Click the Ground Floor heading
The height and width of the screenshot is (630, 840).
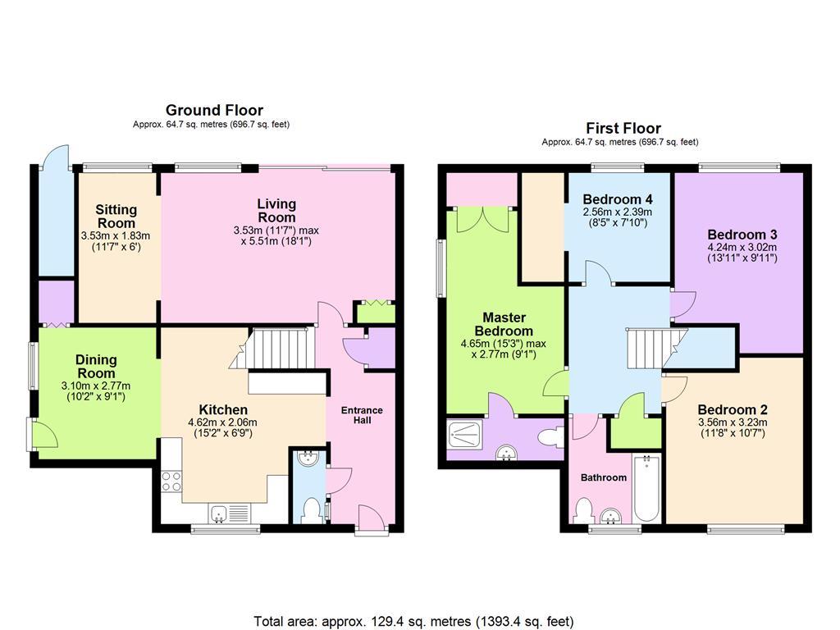coord(214,111)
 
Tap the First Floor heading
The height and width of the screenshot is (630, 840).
coord(623,129)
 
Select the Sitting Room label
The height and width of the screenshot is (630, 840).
coord(116,217)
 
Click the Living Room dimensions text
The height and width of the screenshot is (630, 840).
coord(276,235)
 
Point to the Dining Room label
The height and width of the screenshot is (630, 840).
coord(96,367)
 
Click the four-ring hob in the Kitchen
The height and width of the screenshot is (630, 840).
coord(171,481)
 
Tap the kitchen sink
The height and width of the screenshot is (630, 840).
coord(230,514)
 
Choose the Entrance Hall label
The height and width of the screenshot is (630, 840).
coord(362,415)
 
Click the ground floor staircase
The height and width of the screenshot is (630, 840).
coord(273,348)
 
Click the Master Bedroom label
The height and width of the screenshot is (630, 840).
coord(504,324)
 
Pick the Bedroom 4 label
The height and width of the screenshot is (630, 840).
coord(618,199)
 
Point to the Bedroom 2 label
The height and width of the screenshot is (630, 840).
coord(733,410)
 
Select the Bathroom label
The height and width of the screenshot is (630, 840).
coord(604,477)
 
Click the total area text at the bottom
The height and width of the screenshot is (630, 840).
coord(413,622)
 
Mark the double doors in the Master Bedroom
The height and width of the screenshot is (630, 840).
coord(482,220)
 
